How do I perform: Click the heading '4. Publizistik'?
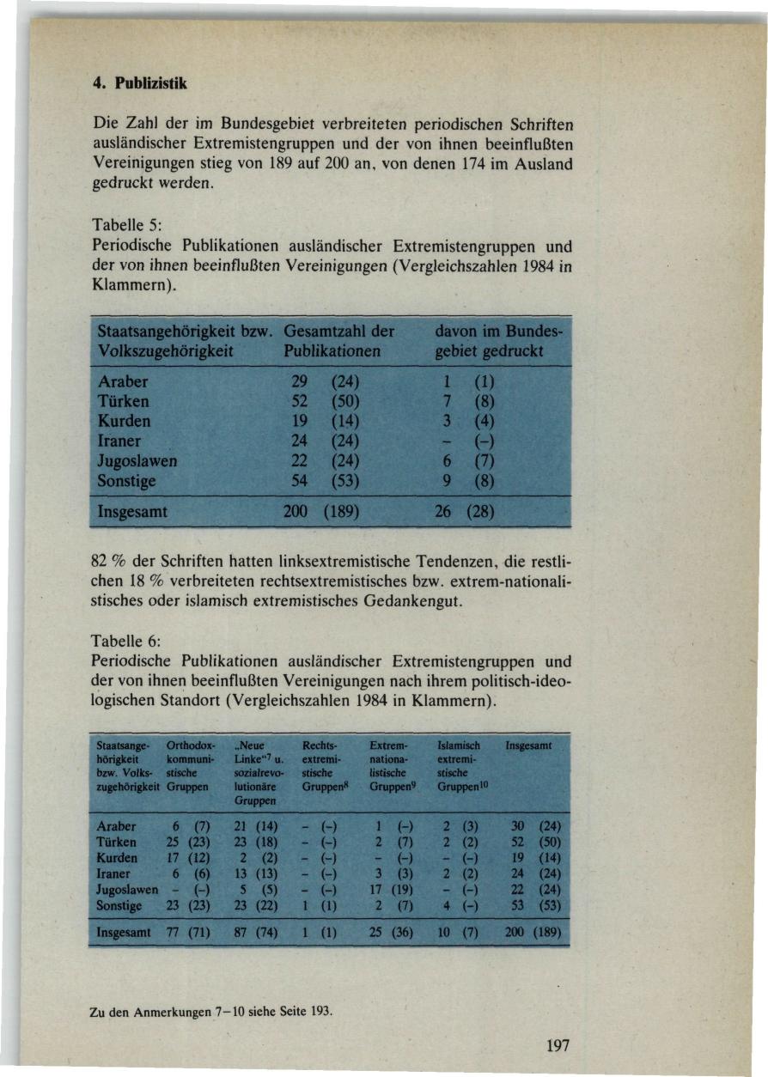[139, 84]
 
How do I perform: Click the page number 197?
[558, 1045]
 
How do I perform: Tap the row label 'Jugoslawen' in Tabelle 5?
[137, 461]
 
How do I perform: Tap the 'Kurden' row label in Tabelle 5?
[125, 421]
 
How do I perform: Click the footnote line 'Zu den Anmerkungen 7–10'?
[210, 1013]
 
